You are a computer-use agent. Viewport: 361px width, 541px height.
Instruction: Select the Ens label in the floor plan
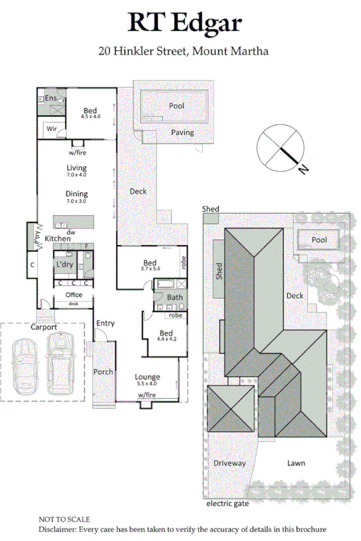(51, 99)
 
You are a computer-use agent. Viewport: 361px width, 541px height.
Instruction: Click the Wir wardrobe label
(51, 128)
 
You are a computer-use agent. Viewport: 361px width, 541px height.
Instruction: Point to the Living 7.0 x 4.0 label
(77, 171)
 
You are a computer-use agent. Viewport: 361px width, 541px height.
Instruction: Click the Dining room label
(77, 197)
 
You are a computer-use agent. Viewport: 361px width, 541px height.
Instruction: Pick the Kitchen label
(58, 239)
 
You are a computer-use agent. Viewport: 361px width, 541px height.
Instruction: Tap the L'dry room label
(64, 264)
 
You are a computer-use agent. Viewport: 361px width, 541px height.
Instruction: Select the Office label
(73, 296)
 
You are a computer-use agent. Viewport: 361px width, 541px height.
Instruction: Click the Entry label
(105, 323)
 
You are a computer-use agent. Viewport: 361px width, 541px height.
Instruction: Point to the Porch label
(103, 372)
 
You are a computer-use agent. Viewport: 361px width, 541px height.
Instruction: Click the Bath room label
(175, 298)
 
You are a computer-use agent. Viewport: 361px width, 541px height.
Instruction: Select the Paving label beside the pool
(182, 133)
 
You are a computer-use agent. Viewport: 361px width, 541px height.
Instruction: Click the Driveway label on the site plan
(230, 463)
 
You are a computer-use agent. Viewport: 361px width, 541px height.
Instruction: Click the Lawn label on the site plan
(295, 463)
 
